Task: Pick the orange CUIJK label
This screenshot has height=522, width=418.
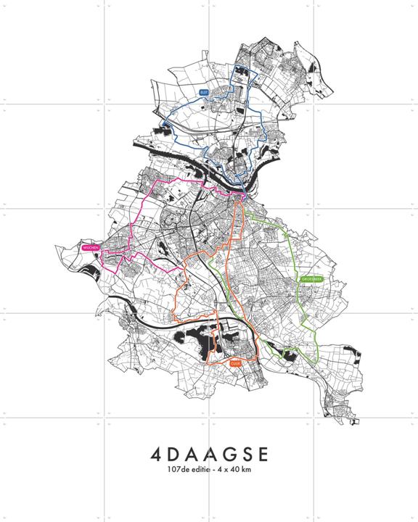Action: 234,365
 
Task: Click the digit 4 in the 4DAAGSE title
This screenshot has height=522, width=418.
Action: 158,455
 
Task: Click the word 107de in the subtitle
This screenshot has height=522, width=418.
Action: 176,471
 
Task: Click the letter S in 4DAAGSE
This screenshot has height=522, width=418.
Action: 245,455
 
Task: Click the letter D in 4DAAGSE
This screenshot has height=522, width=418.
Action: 176,455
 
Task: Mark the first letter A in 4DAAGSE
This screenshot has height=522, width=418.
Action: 192,455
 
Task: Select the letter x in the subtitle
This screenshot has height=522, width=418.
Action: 228,471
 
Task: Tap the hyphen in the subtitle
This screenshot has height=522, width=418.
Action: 214,471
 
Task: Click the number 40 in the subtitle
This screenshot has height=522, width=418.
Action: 237,471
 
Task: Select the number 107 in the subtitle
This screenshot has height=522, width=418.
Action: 173,471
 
